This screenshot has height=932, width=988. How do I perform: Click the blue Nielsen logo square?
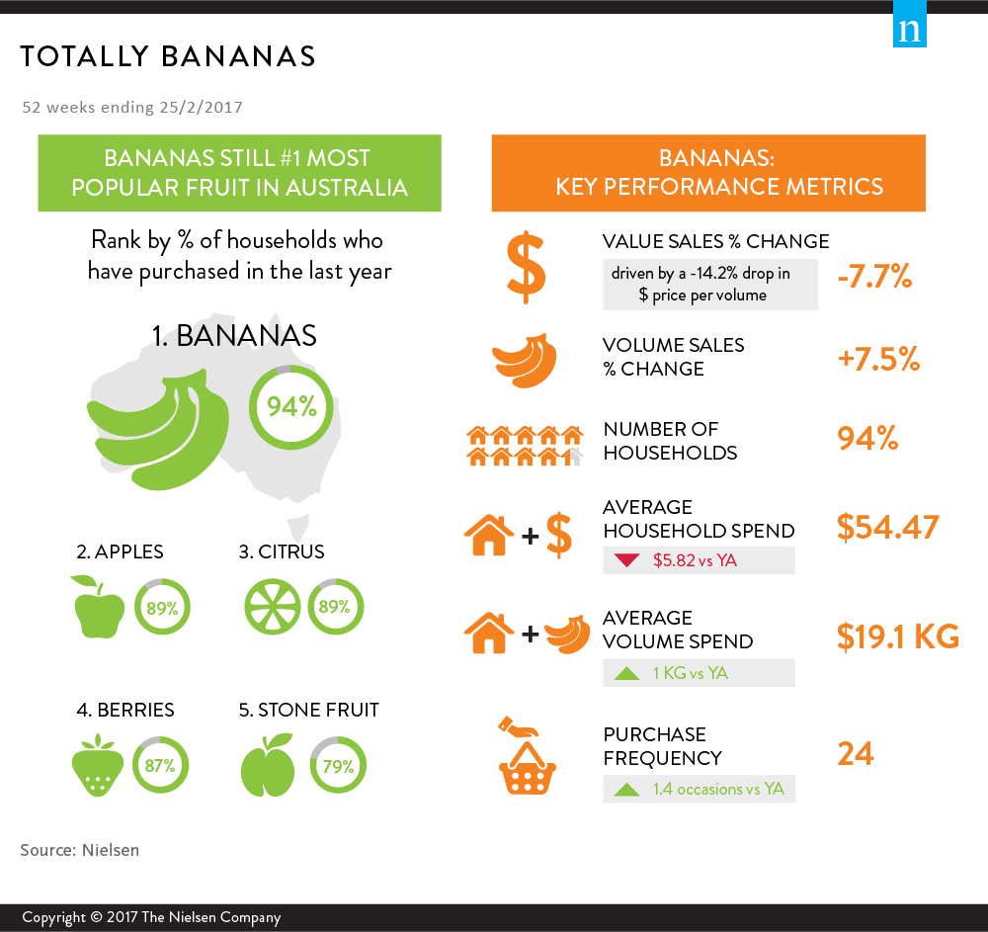point(909,24)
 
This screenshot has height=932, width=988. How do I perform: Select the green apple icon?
point(98,606)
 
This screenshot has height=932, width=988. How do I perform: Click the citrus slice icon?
point(273,606)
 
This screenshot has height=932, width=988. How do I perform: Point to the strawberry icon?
point(97,765)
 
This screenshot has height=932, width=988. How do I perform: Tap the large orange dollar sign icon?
point(527,268)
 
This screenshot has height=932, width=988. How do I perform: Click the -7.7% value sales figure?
point(874,276)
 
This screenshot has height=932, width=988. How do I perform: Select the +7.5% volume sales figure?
point(878,359)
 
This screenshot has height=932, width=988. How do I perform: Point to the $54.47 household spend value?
point(888,527)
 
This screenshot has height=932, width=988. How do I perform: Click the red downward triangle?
point(627,560)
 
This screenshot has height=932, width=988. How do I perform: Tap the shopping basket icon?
point(527,755)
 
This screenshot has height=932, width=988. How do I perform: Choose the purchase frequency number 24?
point(855,754)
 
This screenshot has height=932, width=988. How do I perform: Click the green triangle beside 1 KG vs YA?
point(627,673)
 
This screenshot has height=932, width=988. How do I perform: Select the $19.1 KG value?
point(898,636)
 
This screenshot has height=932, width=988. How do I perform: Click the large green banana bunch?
point(157,430)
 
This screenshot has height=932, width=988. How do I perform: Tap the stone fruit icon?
point(267,765)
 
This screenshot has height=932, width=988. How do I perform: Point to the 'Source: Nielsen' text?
point(79,850)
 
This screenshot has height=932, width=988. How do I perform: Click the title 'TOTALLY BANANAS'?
point(168,56)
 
